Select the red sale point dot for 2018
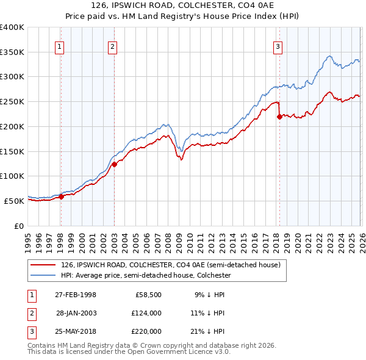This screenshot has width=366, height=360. tap(279, 117)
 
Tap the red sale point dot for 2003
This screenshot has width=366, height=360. tap(114, 164)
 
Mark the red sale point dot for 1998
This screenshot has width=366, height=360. tap(61, 196)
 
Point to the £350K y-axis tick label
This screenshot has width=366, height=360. tap(12, 52)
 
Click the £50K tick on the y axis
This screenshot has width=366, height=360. tap(13, 201)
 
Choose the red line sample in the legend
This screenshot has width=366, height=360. tap(45, 265)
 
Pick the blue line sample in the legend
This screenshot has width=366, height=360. tap(45, 275)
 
